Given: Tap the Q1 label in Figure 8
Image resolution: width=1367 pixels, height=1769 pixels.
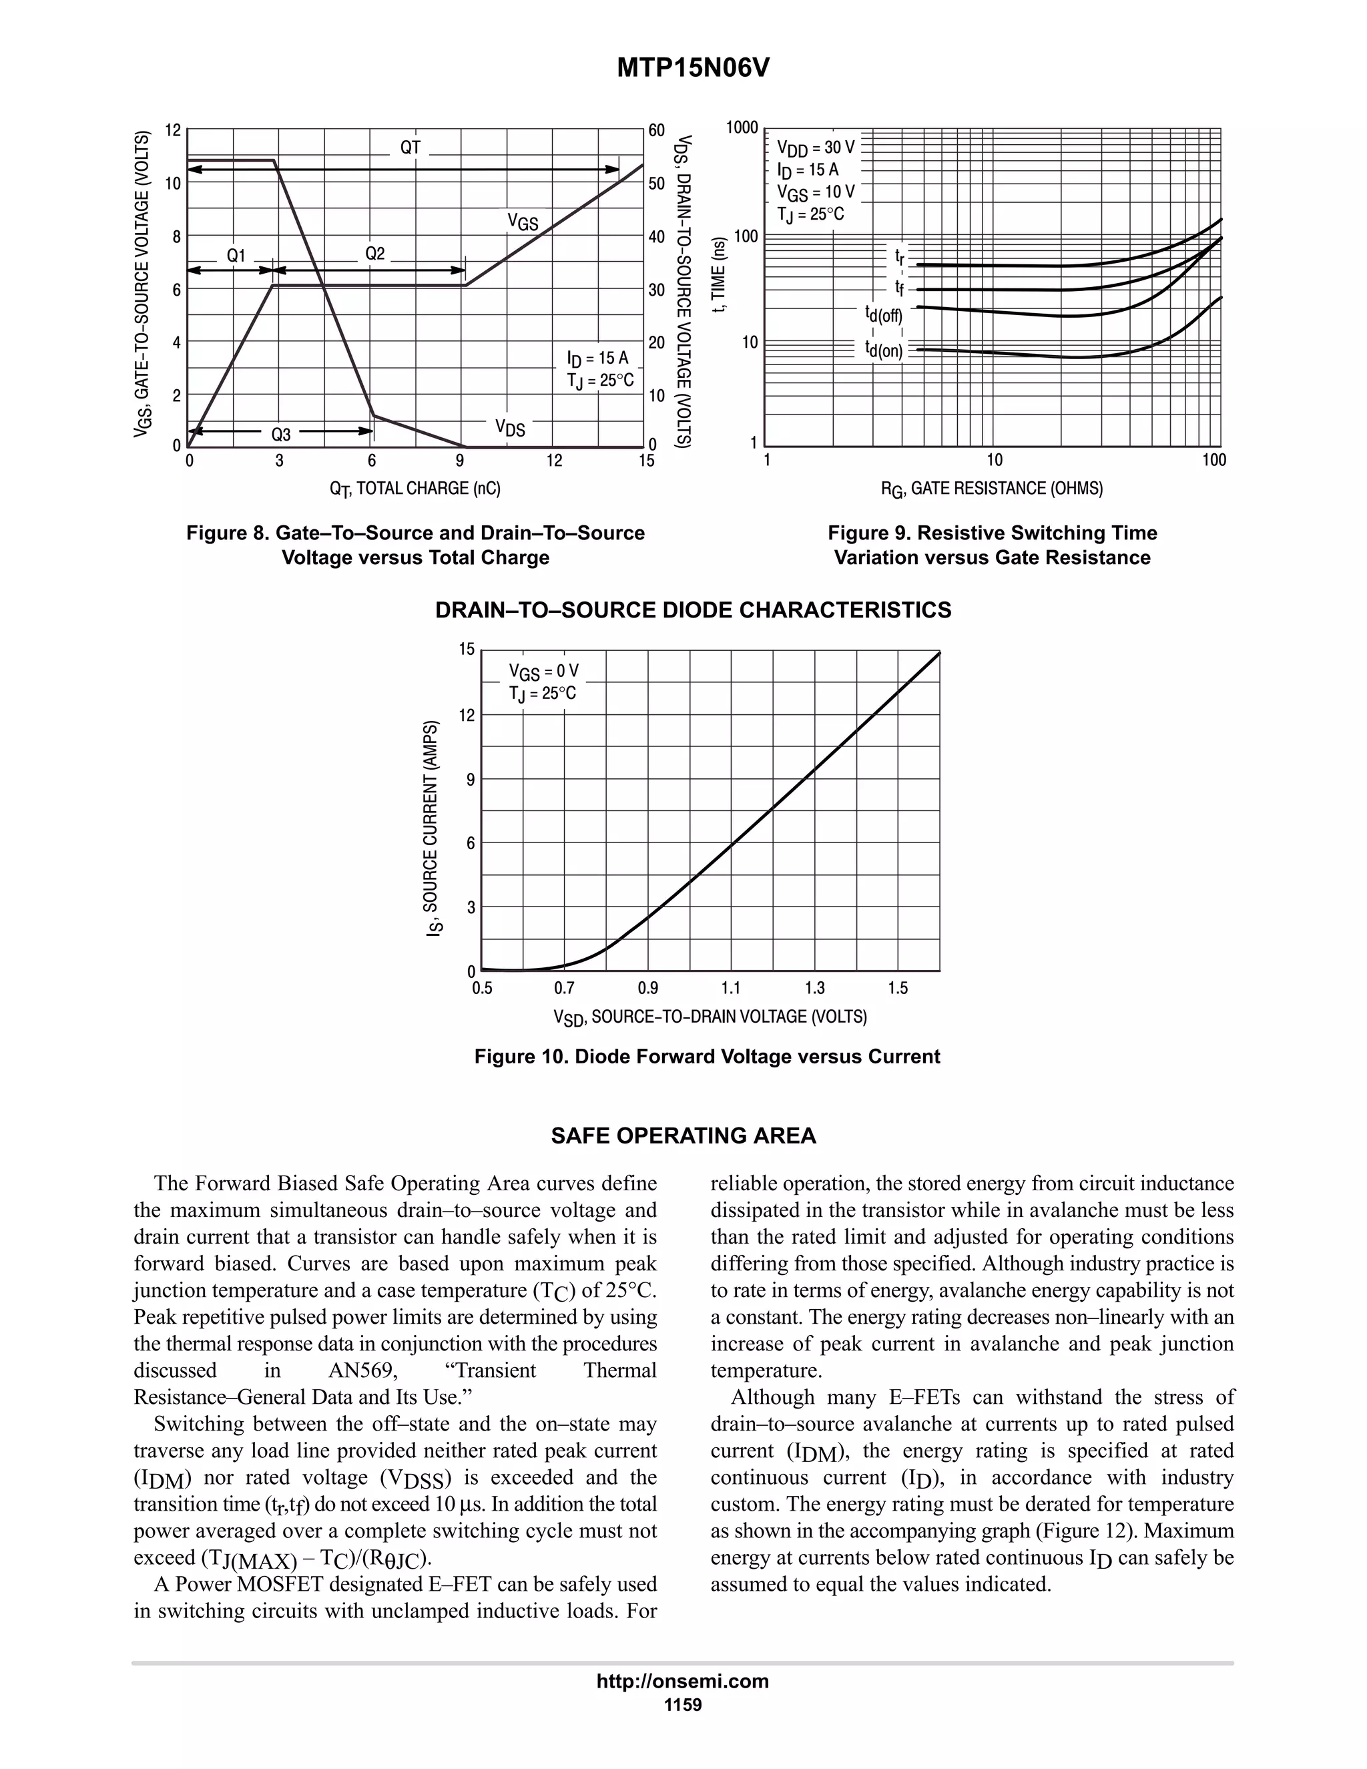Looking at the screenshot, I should point(236,255).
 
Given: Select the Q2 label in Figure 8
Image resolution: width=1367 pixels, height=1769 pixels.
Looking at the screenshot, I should point(375,254).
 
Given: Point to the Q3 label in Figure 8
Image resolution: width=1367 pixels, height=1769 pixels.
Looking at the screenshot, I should point(280,434).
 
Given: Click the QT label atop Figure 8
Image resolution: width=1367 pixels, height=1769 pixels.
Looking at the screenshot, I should point(411,148).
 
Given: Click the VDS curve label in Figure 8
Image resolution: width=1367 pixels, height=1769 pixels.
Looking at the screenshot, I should point(510,428).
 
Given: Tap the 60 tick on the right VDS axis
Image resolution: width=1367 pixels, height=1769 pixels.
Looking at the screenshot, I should point(656,130).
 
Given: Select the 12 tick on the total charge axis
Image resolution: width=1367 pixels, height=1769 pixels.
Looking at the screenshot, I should point(554,461).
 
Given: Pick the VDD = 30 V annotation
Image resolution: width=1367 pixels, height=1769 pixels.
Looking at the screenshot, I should point(815,148).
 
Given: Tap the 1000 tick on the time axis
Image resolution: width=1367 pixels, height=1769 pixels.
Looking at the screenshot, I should point(742,128).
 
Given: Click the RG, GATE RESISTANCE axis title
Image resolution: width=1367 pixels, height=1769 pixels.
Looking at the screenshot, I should point(992,489).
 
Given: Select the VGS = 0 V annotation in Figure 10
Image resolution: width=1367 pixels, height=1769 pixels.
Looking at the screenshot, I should point(543,672).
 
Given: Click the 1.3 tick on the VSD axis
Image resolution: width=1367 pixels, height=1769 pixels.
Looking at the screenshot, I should point(815,988).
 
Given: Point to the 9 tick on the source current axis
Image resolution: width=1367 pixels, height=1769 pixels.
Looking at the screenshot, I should point(471,779).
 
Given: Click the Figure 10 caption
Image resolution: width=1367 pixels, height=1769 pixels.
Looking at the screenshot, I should point(707,1056).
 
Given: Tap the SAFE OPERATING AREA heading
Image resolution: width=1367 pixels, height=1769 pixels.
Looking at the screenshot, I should point(683,1135).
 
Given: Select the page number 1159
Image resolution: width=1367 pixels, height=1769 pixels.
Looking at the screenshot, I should point(683,1705).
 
